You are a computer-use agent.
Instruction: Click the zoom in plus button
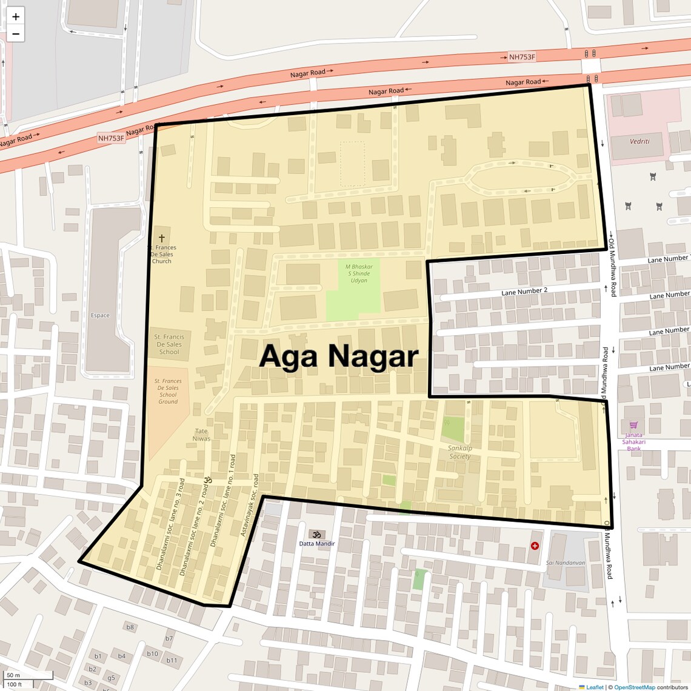[16, 16]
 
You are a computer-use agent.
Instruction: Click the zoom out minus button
[16, 34]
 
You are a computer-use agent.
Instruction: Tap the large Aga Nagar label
[338, 356]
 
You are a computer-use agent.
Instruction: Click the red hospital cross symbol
[535, 546]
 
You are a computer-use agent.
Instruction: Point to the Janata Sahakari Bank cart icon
[633, 425]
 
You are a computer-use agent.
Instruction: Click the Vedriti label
[639, 141]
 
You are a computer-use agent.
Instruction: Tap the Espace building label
[100, 315]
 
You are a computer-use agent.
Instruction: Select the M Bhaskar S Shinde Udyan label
[359, 273]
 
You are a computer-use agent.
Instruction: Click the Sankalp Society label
[459, 452]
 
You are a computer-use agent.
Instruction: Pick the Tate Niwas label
[201, 435]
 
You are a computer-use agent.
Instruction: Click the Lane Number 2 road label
[524, 291]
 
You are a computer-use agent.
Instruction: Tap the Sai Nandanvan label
[565, 562]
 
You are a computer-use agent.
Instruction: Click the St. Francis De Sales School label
[169, 344]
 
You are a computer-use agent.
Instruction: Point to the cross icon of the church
[161, 238]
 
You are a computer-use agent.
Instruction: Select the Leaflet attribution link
[594, 687]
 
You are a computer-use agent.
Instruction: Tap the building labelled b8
[130, 627]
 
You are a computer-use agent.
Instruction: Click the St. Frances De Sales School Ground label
[168, 391]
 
